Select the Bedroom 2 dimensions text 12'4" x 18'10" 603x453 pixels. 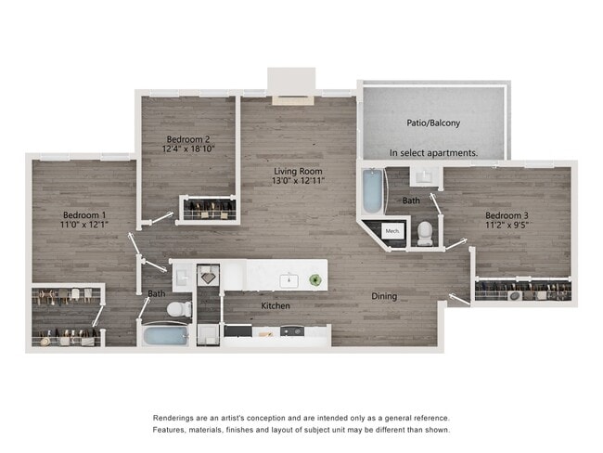[x=189, y=149]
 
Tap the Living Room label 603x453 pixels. [x=297, y=172]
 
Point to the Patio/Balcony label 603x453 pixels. [x=432, y=123]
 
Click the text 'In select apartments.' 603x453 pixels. [x=433, y=152]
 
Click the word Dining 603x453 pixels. [x=384, y=296]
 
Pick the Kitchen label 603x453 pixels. [x=276, y=305]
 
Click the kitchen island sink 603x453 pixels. [x=290, y=278]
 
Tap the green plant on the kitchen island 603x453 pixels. [x=315, y=278]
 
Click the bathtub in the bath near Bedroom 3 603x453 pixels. [x=370, y=190]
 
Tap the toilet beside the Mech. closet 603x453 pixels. [x=425, y=232]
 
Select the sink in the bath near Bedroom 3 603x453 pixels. [x=419, y=176]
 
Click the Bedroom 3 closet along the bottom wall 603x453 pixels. [x=522, y=291]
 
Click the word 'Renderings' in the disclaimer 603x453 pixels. [x=177, y=418]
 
